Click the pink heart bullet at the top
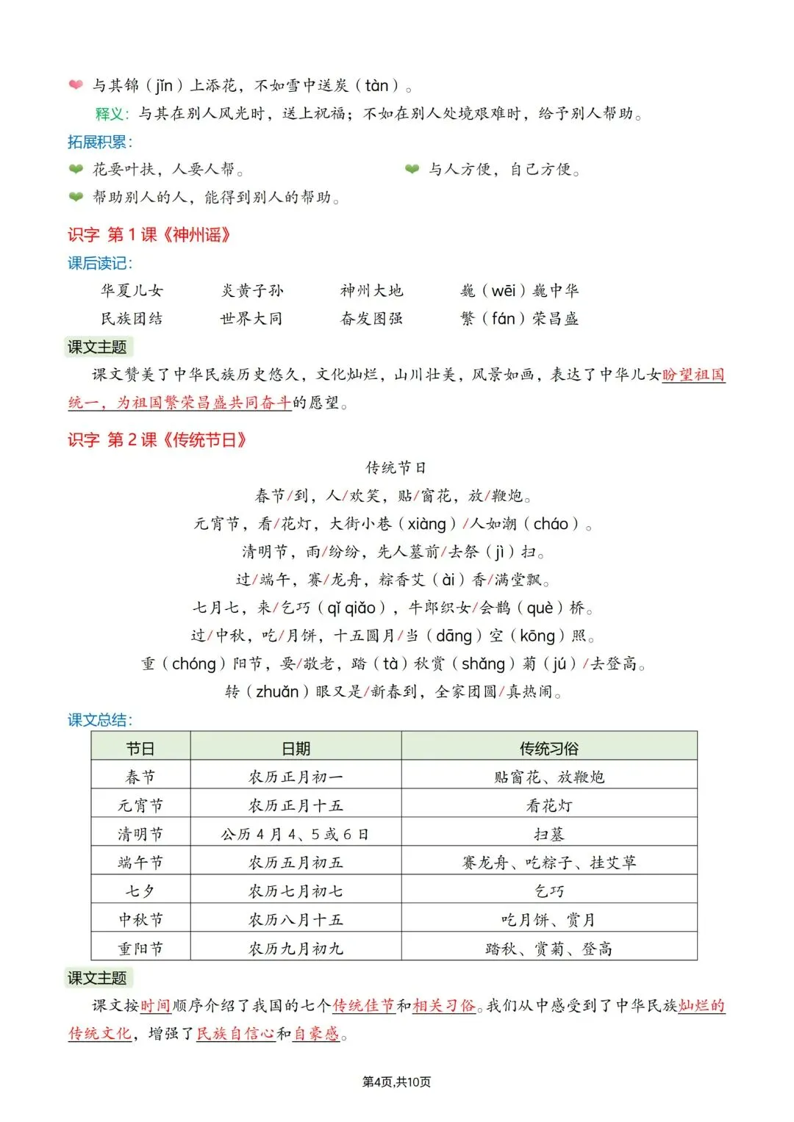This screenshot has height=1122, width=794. tap(76, 84)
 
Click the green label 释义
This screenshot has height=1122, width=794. tap(111, 114)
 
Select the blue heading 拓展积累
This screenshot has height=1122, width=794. tap(99, 142)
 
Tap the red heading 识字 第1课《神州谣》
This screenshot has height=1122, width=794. tap(149, 235)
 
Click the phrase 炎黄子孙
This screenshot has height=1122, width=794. tap(252, 291)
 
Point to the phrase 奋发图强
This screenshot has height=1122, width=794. tap(372, 319)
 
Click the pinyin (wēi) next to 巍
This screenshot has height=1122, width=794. tap(504, 291)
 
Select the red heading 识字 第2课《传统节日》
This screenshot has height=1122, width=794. tap(157, 440)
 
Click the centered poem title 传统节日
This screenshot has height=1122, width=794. tap(396, 468)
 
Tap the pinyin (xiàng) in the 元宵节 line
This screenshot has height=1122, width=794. tap(427, 524)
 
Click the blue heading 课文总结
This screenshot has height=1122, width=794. tap(99, 720)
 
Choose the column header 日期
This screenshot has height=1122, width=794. tap(296, 748)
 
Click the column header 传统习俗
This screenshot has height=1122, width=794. tap(548, 748)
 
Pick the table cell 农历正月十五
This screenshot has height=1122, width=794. tap(296, 805)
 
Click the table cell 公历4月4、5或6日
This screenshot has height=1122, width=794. tap(296, 834)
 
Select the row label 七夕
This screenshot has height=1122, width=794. tap(140, 891)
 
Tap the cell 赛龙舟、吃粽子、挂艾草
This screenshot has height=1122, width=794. tap(548, 863)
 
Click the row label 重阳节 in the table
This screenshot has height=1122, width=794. tap(140, 949)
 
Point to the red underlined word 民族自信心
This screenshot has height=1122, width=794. tap(236, 1033)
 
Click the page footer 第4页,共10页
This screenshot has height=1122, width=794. tap(397, 1082)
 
